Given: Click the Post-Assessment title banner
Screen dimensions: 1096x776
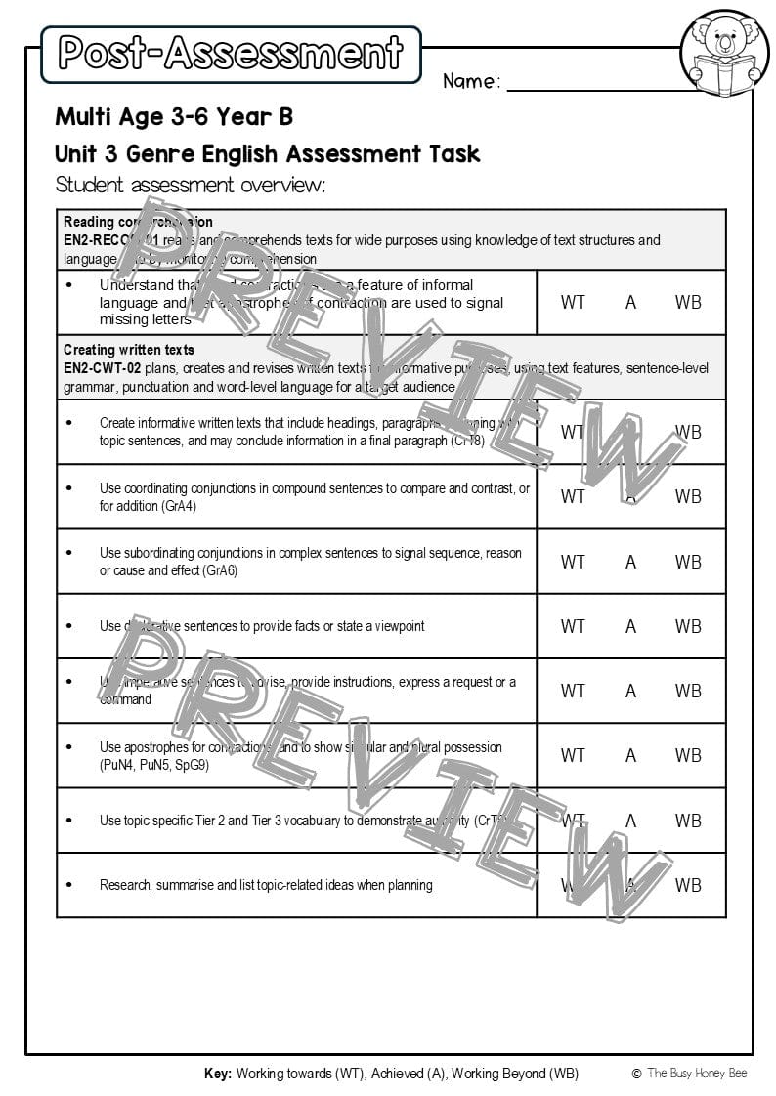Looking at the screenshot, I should (231, 54).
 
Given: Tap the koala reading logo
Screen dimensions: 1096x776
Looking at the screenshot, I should (724, 53).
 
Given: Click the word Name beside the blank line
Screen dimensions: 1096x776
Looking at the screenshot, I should (471, 81).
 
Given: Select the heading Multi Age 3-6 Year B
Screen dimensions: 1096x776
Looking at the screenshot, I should (174, 117).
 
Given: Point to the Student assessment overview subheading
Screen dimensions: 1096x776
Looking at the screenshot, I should (191, 185).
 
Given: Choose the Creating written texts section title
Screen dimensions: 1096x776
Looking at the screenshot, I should (129, 350).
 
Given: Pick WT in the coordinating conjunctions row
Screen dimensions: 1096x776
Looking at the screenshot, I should (573, 496).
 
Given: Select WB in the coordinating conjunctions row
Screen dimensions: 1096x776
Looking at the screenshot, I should (688, 496).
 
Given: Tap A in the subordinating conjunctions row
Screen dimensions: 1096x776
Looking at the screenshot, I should (630, 562).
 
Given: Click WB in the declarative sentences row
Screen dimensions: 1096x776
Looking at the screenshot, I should (688, 626).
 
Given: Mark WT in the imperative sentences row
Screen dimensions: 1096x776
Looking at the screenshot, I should (573, 691).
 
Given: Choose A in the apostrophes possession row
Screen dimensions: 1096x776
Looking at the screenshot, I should (630, 755).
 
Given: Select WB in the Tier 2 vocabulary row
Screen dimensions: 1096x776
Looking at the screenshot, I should (688, 821).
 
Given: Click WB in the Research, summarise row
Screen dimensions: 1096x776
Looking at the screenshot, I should (688, 885).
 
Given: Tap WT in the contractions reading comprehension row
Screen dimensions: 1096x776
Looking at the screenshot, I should (573, 302).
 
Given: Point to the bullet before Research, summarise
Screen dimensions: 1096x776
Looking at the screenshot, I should (68, 885).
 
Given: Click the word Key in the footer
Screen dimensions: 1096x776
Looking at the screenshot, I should (218, 1074).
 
